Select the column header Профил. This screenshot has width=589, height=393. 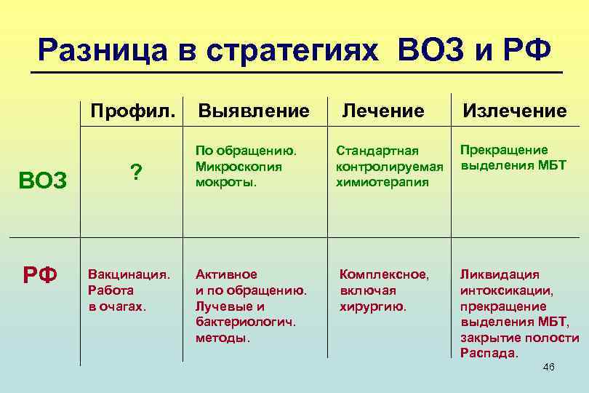tap(132, 111)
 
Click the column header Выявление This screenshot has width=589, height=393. tap(254, 111)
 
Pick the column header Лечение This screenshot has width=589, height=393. tap(382, 111)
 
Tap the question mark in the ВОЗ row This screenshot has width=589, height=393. tap(135, 172)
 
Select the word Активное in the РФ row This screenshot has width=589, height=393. tap(226, 274)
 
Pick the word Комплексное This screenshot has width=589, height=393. tap(385, 274)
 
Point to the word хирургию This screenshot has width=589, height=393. tap(373, 306)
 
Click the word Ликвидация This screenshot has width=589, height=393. tap(500, 274)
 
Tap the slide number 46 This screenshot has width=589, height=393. tap(549, 368)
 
